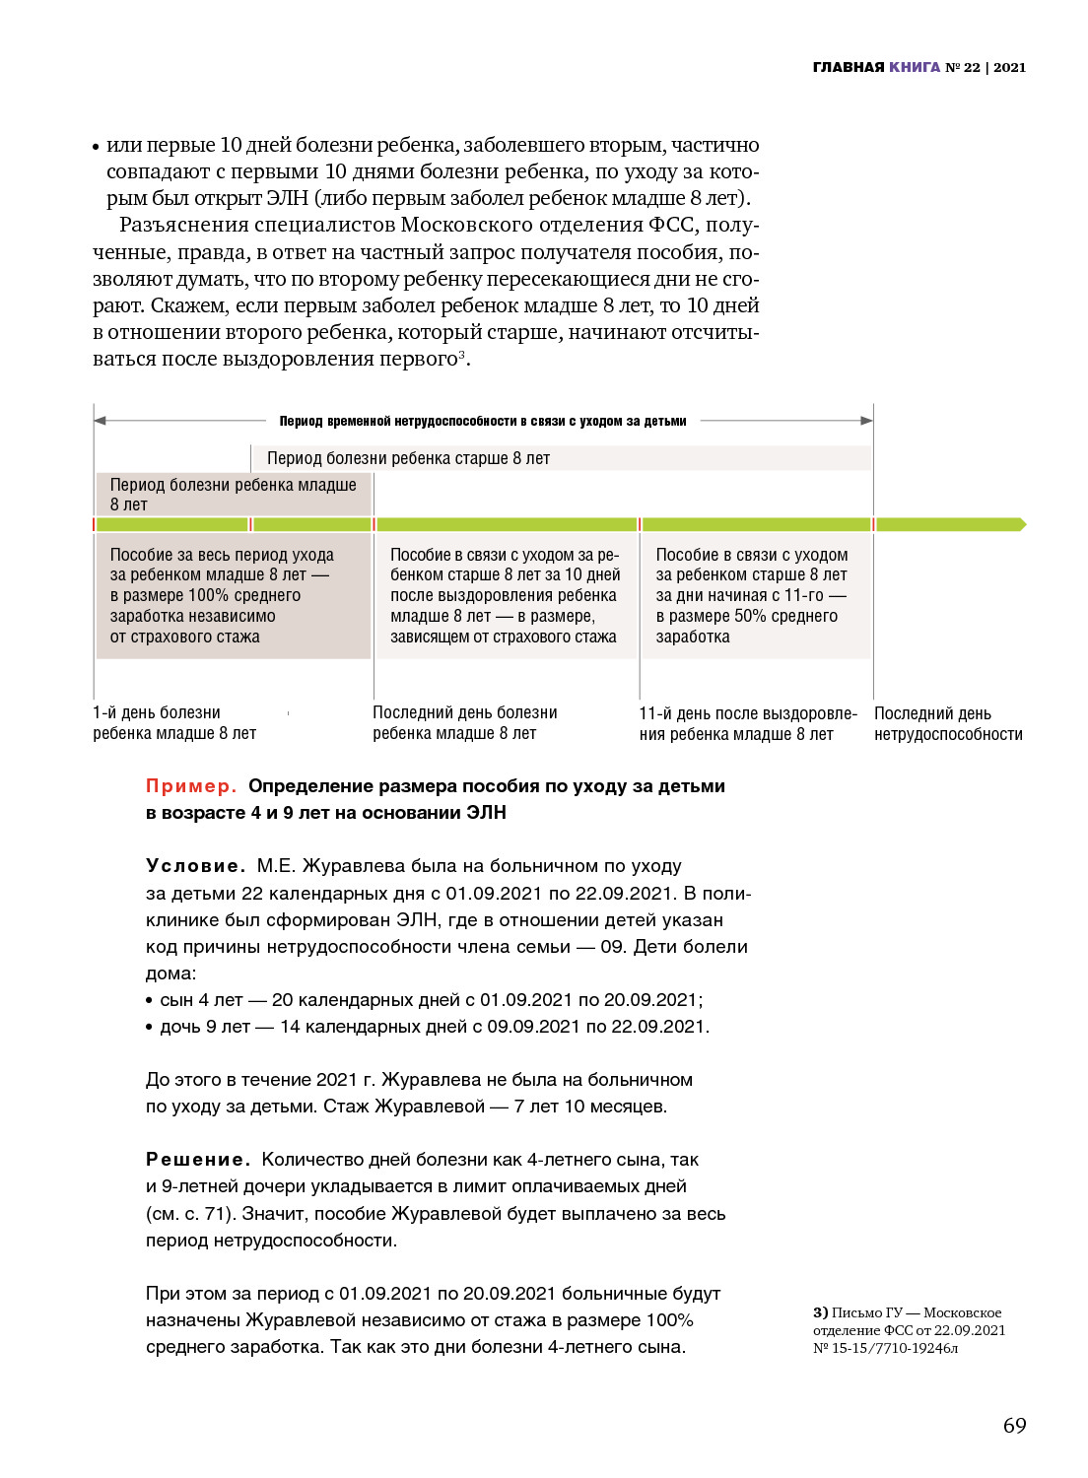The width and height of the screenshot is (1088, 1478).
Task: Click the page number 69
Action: pos(1014,1426)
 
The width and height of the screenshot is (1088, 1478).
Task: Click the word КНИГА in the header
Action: pos(915,67)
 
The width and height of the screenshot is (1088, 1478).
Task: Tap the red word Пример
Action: pos(191,786)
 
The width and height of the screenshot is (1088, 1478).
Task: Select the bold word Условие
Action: pos(195,866)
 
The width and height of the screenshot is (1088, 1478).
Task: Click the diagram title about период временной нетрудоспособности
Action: pos(483,421)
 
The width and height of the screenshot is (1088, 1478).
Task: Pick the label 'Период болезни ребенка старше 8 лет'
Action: pos(408,458)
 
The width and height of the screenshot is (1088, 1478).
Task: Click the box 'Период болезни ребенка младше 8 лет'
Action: pos(234,495)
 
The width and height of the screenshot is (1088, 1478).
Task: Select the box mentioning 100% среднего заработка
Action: pos(234,595)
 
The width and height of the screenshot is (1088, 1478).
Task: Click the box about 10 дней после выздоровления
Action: pos(505,595)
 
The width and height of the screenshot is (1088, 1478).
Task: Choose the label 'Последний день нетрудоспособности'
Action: pos(947,724)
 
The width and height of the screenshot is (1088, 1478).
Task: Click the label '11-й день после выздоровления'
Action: pos(747,724)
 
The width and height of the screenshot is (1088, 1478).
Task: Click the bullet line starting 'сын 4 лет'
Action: pos(430,1000)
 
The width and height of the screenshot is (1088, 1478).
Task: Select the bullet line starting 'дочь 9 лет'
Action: pos(434,1027)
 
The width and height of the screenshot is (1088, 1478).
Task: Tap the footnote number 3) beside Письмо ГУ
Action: pos(820,1312)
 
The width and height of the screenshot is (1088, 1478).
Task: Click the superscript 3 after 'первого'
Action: pos(461,354)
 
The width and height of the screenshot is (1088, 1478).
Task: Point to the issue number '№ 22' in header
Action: pos(963,67)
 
